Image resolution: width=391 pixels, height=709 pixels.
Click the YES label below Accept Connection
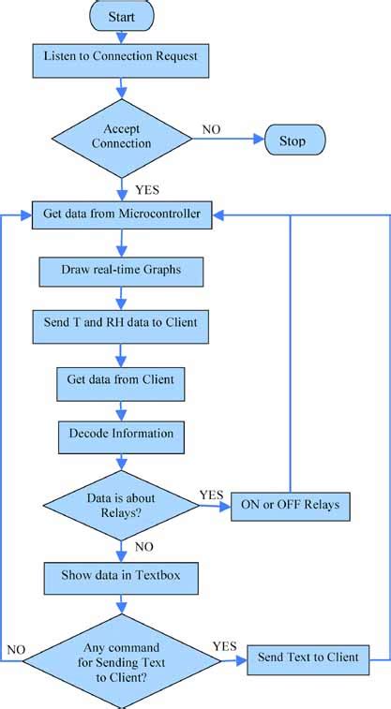tap(148, 188)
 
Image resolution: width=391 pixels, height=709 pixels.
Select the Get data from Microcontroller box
tap(121, 214)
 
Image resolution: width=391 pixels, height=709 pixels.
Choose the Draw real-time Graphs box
tap(121, 271)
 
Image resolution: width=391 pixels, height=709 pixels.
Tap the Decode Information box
tap(121, 434)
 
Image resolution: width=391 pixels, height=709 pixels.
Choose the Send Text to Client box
tap(308, 657)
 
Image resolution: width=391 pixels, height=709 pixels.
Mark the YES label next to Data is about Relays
tap(211, 494)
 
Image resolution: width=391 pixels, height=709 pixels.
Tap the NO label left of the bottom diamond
tap(16, 649)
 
